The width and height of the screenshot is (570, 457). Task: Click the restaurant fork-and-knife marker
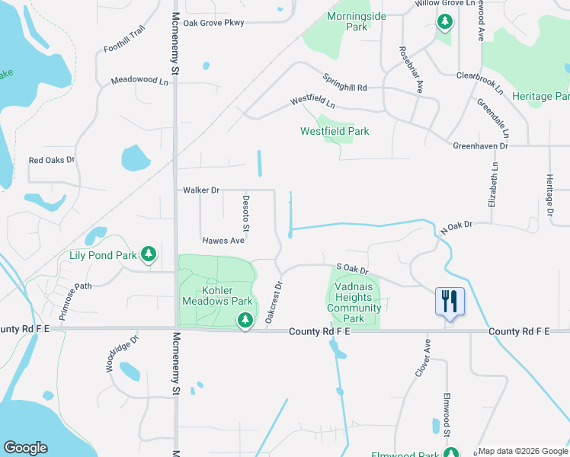point(450,301)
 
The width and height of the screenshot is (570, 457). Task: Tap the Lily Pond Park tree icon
point(150,254)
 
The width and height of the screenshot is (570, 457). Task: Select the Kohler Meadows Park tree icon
point(245,320)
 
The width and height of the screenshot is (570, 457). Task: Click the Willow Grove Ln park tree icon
point(444,21)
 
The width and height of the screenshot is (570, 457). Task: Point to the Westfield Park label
point(335,131)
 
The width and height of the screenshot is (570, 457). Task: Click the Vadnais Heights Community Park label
point(354,308)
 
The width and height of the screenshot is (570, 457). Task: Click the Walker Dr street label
point(201,190)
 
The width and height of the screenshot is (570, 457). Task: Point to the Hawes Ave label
point(223,241)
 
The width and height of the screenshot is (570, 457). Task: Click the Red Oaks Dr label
point(52,160)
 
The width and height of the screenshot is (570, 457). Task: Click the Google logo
point(25,448)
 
